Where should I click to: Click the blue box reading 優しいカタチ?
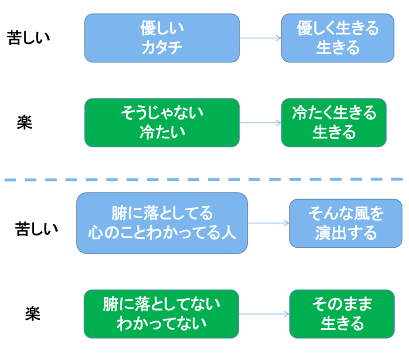(162, 38)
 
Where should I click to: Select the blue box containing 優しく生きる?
(337, 38)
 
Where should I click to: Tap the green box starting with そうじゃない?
(162, 123)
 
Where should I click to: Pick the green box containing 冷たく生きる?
(334, 123)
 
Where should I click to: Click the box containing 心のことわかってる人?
(162, 223)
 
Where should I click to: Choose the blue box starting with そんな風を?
(346, 223)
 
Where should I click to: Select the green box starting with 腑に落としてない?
(162, 314)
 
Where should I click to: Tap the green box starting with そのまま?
(342, 314)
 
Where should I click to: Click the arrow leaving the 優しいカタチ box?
(260, 38)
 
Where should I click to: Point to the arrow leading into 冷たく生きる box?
(260, 123)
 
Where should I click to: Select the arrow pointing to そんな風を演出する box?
(268, 223)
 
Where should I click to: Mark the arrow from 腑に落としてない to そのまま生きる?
(264, 314)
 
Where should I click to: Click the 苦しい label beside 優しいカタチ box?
(28, 38)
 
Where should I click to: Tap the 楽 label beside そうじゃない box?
(25, 123)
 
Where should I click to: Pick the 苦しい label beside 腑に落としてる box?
(36, 229)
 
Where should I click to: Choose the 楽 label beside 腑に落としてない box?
(33, 314)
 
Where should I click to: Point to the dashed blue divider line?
(203, 179)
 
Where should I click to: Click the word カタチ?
(162, 47)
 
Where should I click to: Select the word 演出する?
(346, 233)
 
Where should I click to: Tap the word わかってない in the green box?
(162, 324)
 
